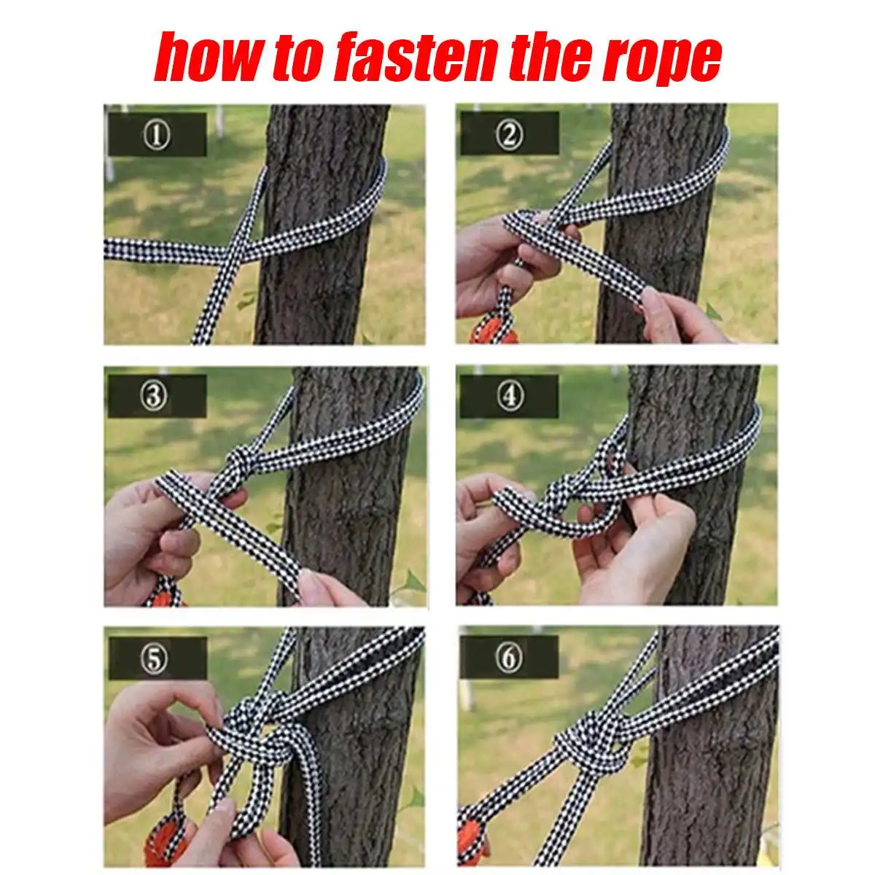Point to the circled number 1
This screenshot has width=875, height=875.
pyautogui.click(x=157, y=136)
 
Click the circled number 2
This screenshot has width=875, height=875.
pyautogui.click(x=509, y=134)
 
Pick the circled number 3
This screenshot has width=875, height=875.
pyautogui.click(x=153, y=396)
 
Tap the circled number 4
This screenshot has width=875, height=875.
pyautogui.click(x=509, y=396)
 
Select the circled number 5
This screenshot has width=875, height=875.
pyautogui.click(x=155, y=658)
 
